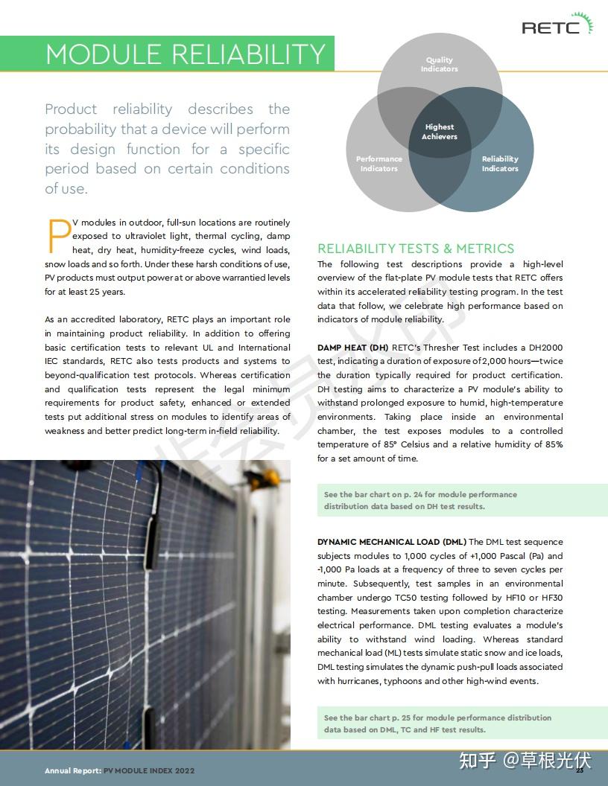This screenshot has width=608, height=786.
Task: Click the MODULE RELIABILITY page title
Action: click(185, 54)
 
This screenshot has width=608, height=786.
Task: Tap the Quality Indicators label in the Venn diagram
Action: click(439, 65)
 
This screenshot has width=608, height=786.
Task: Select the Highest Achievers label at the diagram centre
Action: click(440, 132)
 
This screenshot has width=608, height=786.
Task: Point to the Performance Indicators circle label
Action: click(379, 164)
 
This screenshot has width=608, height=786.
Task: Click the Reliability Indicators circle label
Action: click(500, 164)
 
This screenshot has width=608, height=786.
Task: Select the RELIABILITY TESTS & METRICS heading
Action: click(416, 249)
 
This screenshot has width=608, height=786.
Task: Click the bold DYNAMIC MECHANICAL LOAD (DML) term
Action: click(392, 542)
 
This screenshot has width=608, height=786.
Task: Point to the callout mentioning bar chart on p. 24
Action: click(420, 500)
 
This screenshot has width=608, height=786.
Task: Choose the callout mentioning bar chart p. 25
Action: click(437, 723)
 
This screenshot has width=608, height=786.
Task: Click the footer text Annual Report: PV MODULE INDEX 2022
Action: click(119, 770)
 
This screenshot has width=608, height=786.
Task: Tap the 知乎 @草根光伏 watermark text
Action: click(525, 760)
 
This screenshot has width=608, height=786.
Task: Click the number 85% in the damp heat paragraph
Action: click(554, 445)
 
